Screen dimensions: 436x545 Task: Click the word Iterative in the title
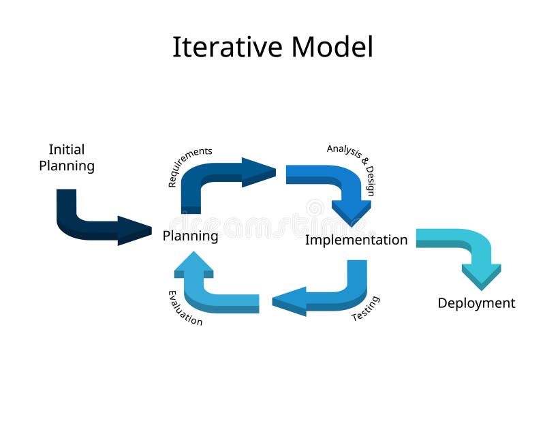(228, 48)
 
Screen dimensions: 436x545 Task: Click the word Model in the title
(332, 48)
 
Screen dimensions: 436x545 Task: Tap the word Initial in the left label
(67, 149)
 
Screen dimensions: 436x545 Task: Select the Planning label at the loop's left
(190, 236)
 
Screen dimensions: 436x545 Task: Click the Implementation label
(356, 240)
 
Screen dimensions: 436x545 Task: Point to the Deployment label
(476, 303)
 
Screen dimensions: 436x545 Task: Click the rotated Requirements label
(190, 166)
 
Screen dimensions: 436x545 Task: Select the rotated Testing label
(366, 309)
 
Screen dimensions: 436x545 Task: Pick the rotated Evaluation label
(185, 308)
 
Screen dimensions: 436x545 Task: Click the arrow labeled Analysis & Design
(334, 184)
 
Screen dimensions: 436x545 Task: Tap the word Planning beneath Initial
(67, 166)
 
